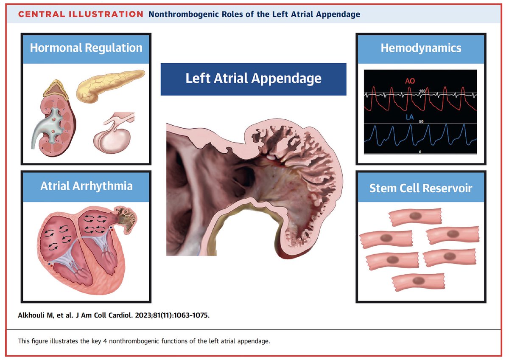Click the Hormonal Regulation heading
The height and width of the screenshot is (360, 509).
click(86, 48)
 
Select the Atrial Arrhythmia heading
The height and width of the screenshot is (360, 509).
click(86, 186)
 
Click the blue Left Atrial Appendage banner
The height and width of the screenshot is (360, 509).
click(253, 79)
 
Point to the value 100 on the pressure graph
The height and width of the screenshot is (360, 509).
click(422, 91)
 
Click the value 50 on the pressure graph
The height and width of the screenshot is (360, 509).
click(422, 122)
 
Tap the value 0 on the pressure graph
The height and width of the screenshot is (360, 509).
click(420, 152)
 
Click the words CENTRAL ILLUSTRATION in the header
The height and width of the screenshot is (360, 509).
click(81, 14)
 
